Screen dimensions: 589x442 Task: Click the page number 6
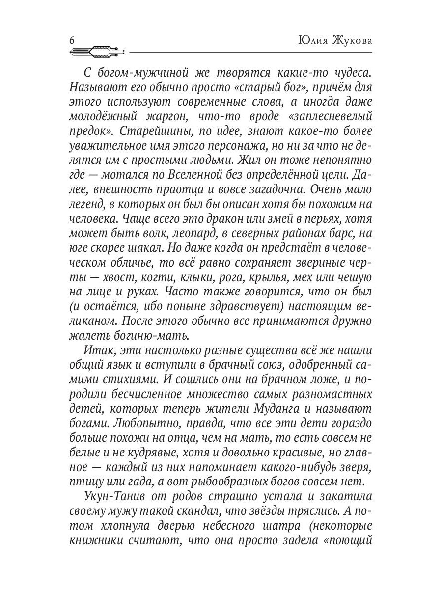point(72,41)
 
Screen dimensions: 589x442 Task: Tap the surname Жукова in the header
point(350,40)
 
